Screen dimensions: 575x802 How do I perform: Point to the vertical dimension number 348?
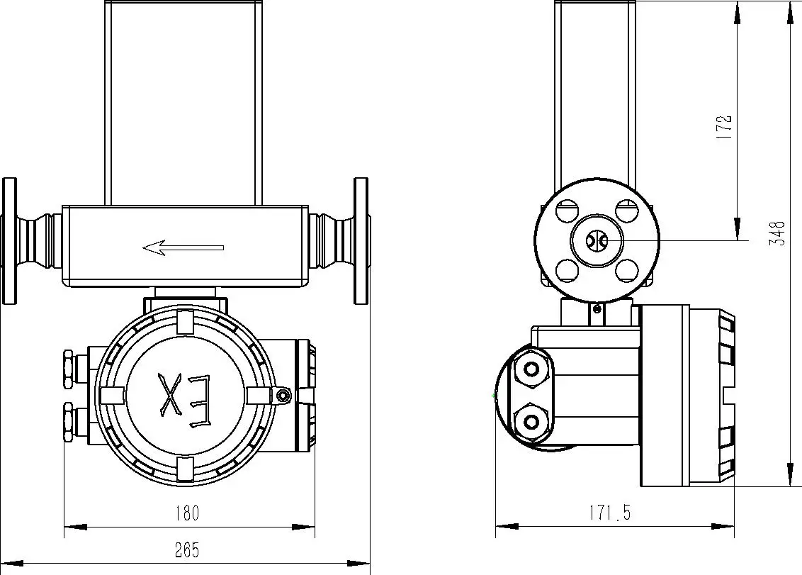point(778,234)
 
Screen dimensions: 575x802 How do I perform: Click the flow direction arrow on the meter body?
point(183,247)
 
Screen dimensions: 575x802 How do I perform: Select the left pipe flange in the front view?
point(9,241)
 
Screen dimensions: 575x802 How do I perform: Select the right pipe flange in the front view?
point(361,241)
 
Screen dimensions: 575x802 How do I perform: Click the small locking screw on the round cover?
point(283,395)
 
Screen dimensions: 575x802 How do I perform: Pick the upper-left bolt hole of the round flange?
point(566,211)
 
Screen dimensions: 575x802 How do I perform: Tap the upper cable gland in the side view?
point(531,369)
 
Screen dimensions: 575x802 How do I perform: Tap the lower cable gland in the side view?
point(531,423)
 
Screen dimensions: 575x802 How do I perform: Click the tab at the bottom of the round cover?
point(184,468)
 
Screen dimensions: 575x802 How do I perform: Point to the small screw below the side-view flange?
point(597,308)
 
